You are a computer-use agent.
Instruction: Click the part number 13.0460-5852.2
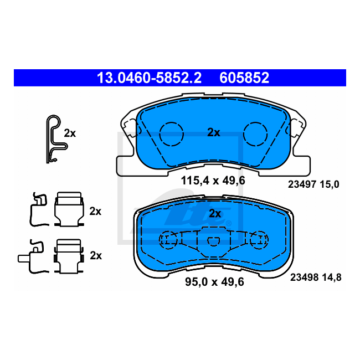pos(149,78)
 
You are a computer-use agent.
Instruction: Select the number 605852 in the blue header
pos(244,78)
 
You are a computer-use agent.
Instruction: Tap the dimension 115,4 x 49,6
pos(213,181)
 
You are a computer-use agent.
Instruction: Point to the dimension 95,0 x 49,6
pos(214,282)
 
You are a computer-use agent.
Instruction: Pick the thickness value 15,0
pos(330,184)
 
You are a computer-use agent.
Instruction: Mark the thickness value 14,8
pos(332,277)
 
